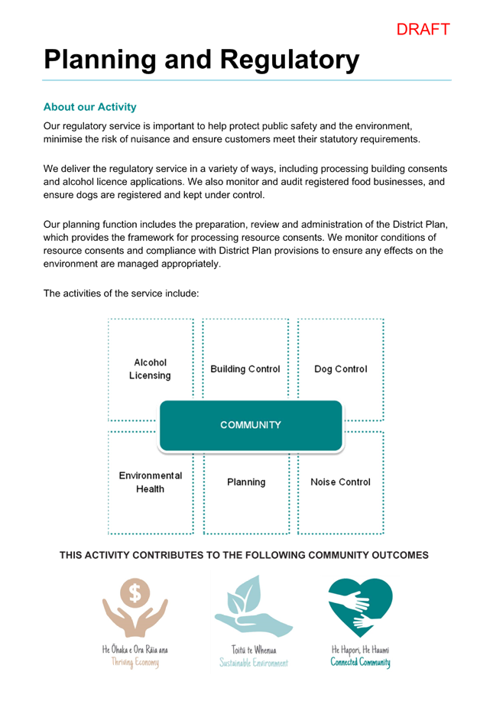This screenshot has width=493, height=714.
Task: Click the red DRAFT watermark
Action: (423, 30)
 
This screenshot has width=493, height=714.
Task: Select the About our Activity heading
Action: (89, 107)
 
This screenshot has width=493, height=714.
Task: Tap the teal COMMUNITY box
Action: (251, 425)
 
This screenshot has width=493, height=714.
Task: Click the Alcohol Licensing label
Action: (151, 368)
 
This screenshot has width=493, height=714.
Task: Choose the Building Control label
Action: (245, 368)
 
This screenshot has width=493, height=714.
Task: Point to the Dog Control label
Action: (340, 368)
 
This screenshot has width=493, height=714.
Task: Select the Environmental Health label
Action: (151, 482)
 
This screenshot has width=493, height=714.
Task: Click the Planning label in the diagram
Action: (246, 482)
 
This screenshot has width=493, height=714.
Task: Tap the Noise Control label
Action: (340, 482)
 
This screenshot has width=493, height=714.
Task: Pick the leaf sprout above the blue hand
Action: (245, 593)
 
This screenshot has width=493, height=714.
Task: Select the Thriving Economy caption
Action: (135, 662)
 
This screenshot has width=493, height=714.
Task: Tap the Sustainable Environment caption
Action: (254, 663)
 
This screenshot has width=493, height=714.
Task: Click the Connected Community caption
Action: (360, 662)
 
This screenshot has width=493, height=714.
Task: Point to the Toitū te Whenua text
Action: (254, 649)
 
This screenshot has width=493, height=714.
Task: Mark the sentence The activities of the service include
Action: (121, 294)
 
